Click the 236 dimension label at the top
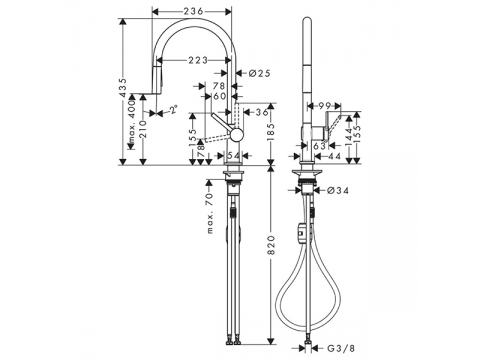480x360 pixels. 193,11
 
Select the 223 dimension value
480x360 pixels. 198,60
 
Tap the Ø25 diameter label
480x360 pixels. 259,73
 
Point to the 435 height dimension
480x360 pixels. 123,87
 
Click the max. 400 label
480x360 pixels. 132,122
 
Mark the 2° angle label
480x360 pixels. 173,110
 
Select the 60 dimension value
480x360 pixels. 220,96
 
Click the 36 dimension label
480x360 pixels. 262,112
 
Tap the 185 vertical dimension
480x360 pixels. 272,133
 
